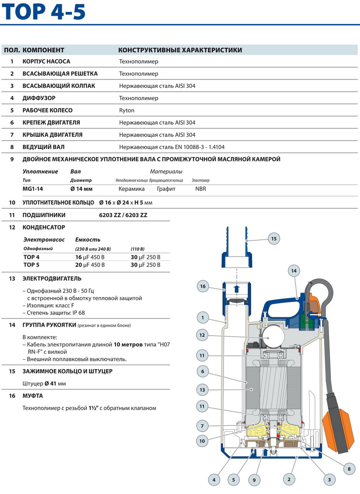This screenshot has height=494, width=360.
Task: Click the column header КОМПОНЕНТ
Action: tap(43, 50)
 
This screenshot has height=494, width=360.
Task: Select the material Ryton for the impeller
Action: tap(127, 111)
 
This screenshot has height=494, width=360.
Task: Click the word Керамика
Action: tap(132, 189)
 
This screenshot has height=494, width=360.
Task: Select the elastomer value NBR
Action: tap(201, 189)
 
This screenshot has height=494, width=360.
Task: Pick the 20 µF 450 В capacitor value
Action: tap(90, 265)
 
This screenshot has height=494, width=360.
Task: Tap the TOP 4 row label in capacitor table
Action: tap(32, 257)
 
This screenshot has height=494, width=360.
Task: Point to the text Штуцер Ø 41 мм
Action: tap(44, 383)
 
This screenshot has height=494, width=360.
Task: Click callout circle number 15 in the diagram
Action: tap(274, 238)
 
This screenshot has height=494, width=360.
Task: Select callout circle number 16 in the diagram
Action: tap(202, 286)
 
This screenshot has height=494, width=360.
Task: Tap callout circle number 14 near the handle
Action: tap(293, 270)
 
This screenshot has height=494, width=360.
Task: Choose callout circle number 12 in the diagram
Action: tap(202, 335)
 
